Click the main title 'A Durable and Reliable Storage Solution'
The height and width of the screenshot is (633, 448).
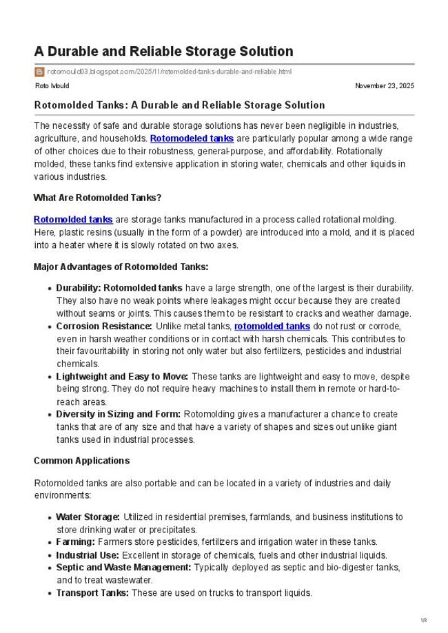click(163, 52)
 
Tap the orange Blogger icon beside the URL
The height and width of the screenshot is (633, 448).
click(39, 72)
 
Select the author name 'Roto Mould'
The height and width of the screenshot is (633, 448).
click(52, 86)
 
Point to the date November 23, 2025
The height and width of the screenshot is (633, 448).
click(384, 86)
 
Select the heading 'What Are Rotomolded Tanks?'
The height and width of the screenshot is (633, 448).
click(97, 198)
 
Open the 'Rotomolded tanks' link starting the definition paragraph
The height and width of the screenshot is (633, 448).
click(73, 220)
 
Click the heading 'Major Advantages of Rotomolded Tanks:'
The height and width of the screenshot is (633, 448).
click(121, 267)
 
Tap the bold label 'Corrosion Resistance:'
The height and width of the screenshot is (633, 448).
click(104, 326)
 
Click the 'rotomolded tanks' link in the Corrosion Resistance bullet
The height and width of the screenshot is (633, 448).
click(272, 326)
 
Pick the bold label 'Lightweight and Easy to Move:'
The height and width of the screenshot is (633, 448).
click(122, 377)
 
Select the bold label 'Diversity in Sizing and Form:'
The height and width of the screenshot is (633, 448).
click(119, 415)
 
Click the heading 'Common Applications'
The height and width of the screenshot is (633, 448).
click(81, 461)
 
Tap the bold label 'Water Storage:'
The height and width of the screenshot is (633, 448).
click(88, 517)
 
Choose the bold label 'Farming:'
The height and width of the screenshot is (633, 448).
click(75, 542)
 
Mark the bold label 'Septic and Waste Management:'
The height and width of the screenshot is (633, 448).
click(123, 568)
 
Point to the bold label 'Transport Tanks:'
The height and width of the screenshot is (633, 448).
click(92, 593)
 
